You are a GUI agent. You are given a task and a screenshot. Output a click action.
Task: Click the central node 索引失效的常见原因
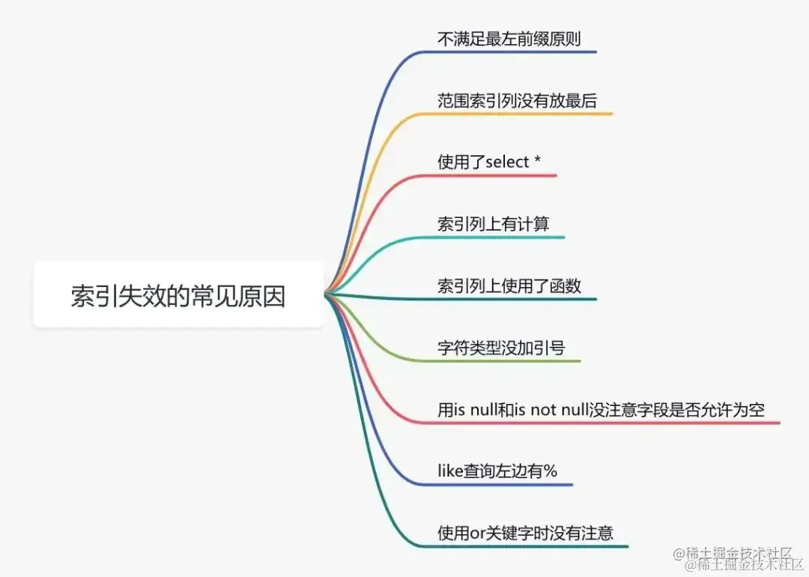178,294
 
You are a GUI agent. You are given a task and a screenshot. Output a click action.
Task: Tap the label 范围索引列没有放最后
517,100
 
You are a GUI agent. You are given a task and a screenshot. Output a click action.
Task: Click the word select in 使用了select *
508,162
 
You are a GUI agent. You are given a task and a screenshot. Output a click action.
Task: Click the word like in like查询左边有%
449,471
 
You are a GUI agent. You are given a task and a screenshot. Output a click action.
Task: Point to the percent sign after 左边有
551,471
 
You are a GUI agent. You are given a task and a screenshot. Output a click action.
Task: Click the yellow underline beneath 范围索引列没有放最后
524,114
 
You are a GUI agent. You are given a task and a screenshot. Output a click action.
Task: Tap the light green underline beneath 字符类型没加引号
509,361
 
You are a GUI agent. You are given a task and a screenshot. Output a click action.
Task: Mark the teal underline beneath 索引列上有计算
502,238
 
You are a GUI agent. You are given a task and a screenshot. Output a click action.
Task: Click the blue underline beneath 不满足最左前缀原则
517,52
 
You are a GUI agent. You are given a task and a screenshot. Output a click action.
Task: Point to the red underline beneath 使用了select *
498,175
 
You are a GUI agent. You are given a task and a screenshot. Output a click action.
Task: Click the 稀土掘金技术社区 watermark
737,559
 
